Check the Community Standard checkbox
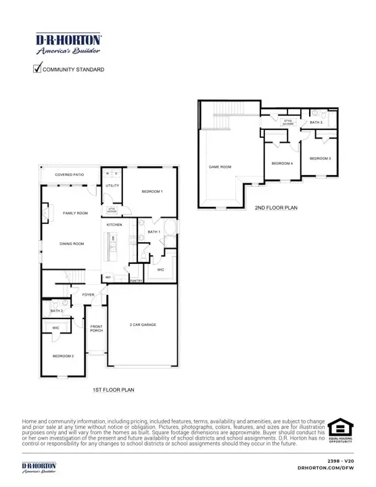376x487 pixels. coord(37,68)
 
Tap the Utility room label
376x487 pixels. coord(112,185)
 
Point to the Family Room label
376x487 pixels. coord(75,213)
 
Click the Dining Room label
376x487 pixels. coord(72,243)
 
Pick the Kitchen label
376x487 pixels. coord(114,225)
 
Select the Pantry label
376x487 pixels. coord(136,281)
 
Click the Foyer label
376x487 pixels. coord(89,295)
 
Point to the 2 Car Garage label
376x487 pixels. coord(143,325)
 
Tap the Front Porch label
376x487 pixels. coord(97,329)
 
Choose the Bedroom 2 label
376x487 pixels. coord(64,356)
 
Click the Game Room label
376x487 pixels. coord(220,166)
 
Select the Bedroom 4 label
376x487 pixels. coord(282,164)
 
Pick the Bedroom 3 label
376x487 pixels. coord(320,158)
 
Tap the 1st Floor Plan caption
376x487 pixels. coord(113,390)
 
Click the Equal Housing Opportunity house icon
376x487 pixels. coord(340,428)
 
